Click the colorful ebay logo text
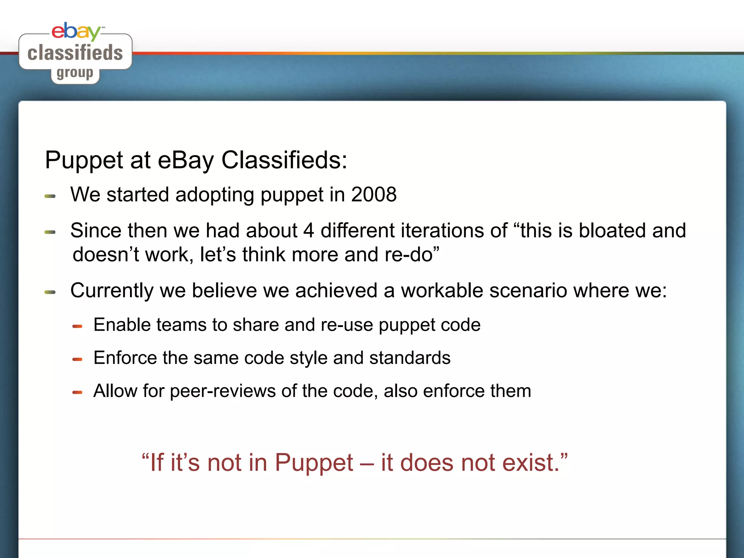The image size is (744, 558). [x=76, y=32]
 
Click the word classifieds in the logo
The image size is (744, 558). [x=75, y=53]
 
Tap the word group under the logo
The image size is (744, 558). [x=75, y=73]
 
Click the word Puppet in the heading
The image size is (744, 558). [x=84, y=160]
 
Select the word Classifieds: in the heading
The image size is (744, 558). [x=284, y=160]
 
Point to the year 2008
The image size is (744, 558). [x=374, y=194]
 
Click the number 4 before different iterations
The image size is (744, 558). [x=308, y=230]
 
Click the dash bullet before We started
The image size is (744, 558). [x=50, y=196]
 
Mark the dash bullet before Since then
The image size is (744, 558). [x=50, y=232]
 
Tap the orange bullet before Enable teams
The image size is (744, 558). [x=77, y=326]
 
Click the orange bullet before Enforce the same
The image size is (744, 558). [x=77, y=359]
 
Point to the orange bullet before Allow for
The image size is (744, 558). [x=77, y=392]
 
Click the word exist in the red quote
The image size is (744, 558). [x=530, y=463]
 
